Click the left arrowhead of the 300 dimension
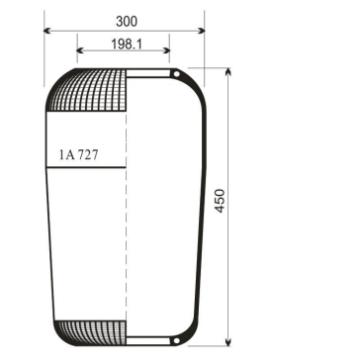click(x=47, y=30)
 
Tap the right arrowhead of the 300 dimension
click(x=200, y=30)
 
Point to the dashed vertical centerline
click(x=126, y=237)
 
